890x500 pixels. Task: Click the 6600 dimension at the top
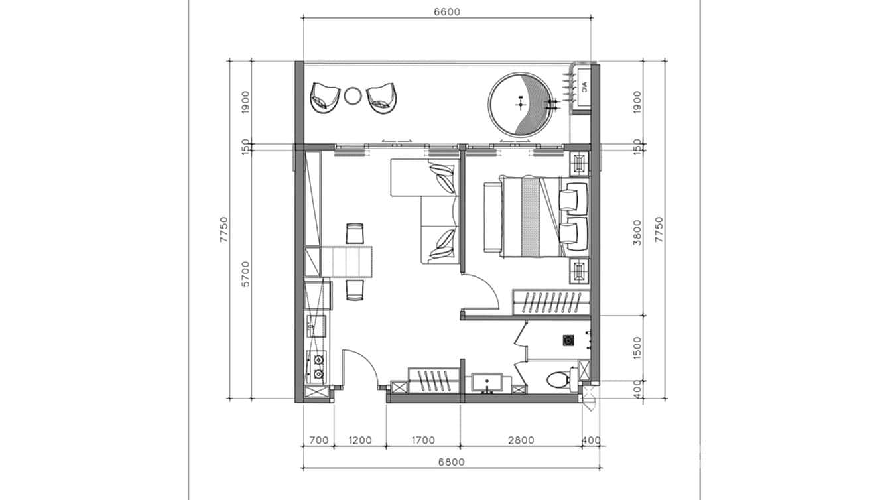[x=447, y=11]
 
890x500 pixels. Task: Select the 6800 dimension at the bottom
[x=451, y=462]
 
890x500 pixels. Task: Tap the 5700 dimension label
[x=245, y=273]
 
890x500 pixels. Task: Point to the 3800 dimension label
[x=637, y=232]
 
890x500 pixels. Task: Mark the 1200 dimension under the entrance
[x=359, y=440]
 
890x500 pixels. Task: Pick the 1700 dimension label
[x=422, y=440]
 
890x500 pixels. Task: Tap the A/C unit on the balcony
[x=584, y=87]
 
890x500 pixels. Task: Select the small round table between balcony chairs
[x=352, y=96]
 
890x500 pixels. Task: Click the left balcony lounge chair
[x=323, y=98]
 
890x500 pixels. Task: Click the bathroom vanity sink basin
[x=487, y=383]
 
